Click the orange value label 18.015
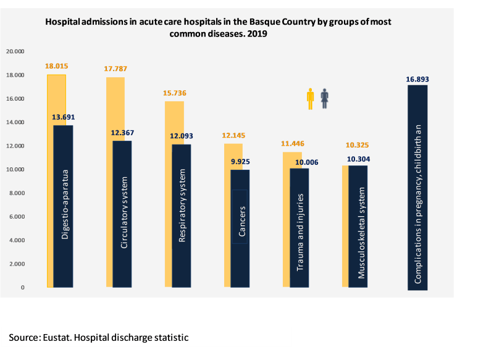click(x=56, y=66)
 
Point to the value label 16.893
click(x=417, y=79)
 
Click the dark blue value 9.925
click(x=241, y=161)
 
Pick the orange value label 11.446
click(x=292, y=144)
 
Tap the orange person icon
click(x=311, y=99)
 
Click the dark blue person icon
click(x=324, y=99)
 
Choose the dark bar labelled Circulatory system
click(x=122, y=214)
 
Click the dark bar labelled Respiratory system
click(x=182, y=216)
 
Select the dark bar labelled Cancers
click(x=241, y=228)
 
